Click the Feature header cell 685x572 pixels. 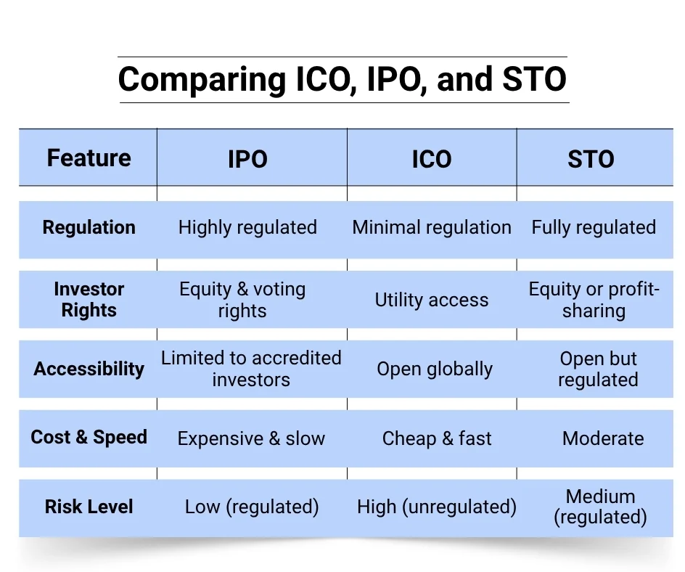click(x=89, y=158)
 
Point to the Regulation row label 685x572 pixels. click(x=89, y=227)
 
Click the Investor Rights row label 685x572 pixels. click(x=89, y=299)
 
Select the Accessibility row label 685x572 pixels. click(x=89, y=368)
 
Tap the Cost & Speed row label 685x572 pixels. click(x=89, y=437)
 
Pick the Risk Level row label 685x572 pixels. click(x=89, y=506)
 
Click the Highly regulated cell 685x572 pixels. click(x=247, y=227)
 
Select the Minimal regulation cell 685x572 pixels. click(x=432, y=227)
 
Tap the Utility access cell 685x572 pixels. click(x=432, y=300)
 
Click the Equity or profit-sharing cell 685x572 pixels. click(x=594, y=300)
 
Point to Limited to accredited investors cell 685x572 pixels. click(x=251, y=369)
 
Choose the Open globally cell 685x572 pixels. click(x=435, y=369)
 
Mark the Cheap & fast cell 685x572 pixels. click(x=437, y=438)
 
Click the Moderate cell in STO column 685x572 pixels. click(x=603, y=438)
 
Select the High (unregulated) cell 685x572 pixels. click(x=437, y=507)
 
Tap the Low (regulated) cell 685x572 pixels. click(x=252, y=507)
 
